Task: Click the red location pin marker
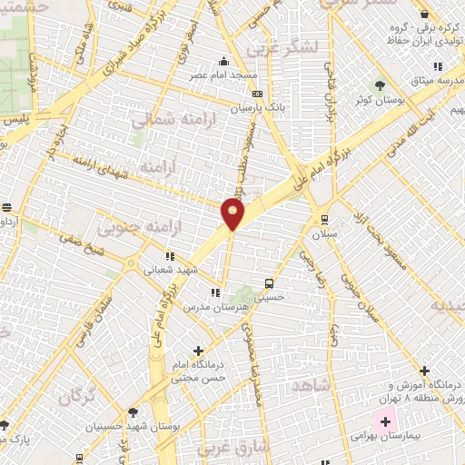(x=233, y=213)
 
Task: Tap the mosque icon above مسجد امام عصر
(x=224, y=62)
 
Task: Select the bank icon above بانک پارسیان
(x=258, y=93)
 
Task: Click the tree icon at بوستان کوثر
(x=367, y=83)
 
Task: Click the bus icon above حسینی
(x=268, y=282)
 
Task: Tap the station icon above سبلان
(x=324, y=218)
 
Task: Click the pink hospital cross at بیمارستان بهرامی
(x=384, y=421)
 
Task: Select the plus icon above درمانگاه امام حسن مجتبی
(x=199, y=350)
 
